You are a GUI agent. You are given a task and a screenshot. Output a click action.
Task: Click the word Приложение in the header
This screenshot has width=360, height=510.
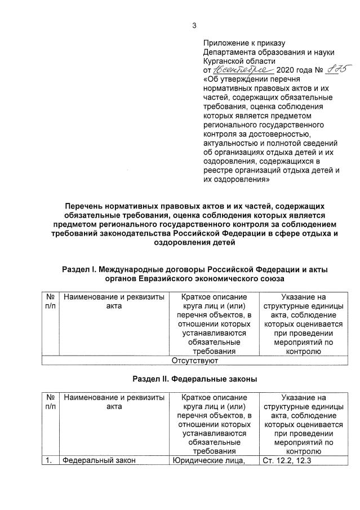pos(228,43)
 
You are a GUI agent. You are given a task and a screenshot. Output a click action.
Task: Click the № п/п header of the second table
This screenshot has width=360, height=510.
pos(50,402)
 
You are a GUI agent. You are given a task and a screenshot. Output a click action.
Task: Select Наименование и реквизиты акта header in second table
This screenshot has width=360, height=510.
pos(114,402)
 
